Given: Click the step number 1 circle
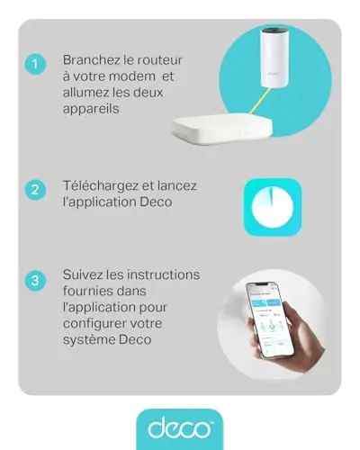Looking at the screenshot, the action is (x=35, y=64).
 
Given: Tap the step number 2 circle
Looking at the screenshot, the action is (x=35, y=190).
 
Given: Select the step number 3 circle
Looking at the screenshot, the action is (x=35, y=281).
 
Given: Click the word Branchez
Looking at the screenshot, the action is (x=92, y=60).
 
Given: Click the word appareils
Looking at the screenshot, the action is (x=91, y=109).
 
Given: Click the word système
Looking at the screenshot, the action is (x=88, y=340).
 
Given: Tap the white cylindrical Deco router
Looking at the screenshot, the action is (x=273, y=58).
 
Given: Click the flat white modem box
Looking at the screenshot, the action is (x=222, y=127).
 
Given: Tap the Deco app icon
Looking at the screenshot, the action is (x=273, y=207).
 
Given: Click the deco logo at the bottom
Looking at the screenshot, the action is (x=180, y=429).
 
